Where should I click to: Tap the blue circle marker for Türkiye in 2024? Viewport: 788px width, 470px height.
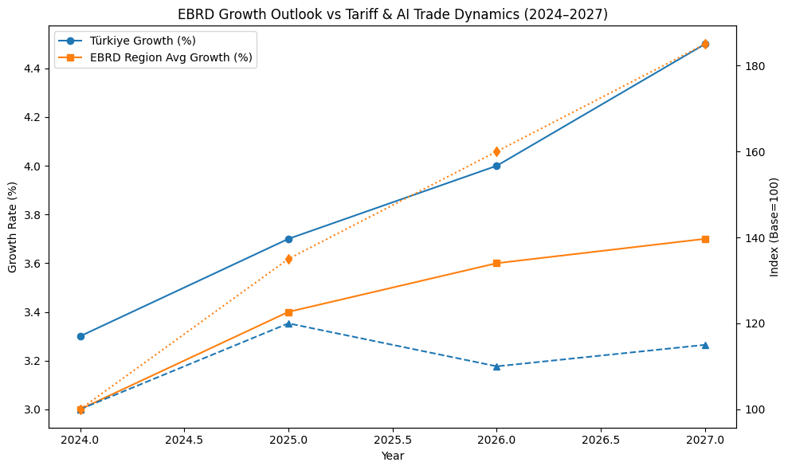80,336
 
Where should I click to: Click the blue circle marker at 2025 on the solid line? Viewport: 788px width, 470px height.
288,239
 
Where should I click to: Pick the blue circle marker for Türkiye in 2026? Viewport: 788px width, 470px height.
496,166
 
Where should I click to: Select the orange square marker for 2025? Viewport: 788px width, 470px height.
288,312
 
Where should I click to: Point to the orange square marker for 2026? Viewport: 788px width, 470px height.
496,263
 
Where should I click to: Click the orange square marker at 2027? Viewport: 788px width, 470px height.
705,239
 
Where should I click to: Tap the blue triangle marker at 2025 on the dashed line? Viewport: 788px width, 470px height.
288,323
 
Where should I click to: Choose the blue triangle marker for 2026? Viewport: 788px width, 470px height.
496,366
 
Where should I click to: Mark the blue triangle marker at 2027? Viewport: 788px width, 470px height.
705,345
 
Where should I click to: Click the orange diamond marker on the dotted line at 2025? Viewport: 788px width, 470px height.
288,259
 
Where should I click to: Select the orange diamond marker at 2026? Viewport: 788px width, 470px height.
496,151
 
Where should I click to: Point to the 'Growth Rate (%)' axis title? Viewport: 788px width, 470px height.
12,227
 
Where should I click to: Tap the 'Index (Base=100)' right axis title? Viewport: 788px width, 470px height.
774,227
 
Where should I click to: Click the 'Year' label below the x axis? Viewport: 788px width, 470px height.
392,456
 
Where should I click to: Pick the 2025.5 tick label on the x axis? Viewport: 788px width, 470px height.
393,439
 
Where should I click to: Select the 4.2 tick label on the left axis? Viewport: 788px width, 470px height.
32,117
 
